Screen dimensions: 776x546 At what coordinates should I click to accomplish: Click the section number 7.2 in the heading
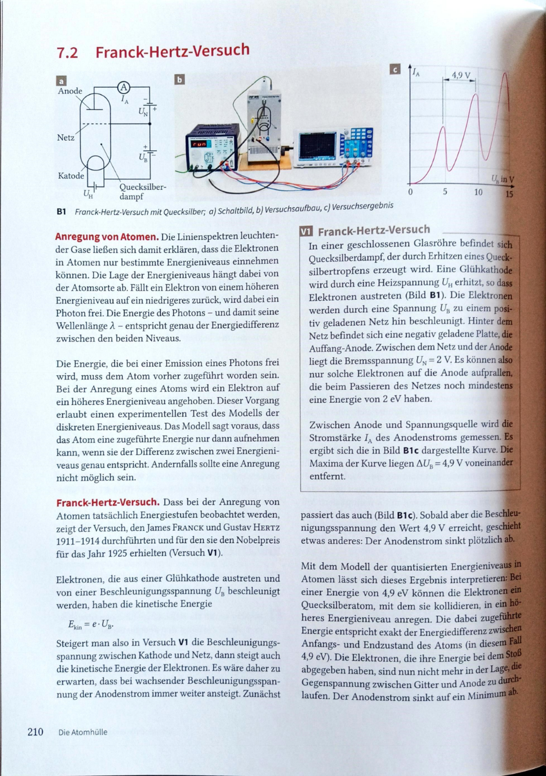(67, 53)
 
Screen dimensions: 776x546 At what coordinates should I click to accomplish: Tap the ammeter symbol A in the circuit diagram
(124, 87)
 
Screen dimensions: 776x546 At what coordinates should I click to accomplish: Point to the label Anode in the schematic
(70, 91)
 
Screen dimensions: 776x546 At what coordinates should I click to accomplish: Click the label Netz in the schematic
(66, 137)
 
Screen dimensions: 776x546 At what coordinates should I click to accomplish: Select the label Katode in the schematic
(71, 176)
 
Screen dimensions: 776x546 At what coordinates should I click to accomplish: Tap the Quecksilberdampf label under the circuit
(142, 192)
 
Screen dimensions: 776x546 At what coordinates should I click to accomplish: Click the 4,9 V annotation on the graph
(460, 74)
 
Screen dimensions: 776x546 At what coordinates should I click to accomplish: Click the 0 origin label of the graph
(410, 192)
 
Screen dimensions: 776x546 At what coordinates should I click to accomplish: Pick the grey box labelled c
(395, 70)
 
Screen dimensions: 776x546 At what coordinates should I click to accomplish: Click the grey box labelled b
(180, 80)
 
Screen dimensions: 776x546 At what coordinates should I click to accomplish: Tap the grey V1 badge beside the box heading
(306, 232)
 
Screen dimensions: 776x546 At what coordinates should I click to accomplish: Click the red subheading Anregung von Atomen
(106, 237)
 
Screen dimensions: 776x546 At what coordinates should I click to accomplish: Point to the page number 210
(35, 731)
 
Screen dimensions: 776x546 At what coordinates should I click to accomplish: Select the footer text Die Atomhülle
(83, 732)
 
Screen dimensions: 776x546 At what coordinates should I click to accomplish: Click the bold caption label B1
(61, 212)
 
